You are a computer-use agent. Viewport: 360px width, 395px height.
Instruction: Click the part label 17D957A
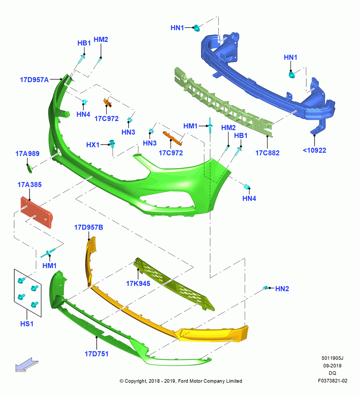coord(34,80)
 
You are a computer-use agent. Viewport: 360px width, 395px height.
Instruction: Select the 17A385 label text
coord(30,184)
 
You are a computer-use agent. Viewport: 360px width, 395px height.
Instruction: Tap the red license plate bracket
coord(36,212)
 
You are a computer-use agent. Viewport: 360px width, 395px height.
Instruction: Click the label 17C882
coord(267,153)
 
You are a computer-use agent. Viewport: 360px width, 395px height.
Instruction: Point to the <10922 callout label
coord(315,150)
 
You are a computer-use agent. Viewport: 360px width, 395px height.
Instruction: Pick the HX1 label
coord(93,145)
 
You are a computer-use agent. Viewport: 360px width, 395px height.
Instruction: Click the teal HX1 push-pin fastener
coord(112,144)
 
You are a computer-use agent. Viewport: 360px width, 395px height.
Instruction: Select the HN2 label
coord(282,289)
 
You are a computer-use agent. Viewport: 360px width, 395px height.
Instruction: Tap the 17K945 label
coord(138,284)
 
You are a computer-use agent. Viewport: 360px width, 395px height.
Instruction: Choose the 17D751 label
coord(96,354)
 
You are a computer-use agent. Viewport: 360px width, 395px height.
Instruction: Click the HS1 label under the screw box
coord(27,324)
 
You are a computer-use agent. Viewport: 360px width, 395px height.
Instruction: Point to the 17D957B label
coord(88,228)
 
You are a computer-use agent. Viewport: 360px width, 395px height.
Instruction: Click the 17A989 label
coord(28,154)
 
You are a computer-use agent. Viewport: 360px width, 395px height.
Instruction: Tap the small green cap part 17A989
coord(30,169)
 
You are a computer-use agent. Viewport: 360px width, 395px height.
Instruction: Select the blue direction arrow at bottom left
coord(27,365)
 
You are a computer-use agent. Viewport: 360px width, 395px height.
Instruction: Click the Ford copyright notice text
coord(181,381)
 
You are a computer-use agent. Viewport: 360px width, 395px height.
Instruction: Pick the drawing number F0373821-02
coord(332,381)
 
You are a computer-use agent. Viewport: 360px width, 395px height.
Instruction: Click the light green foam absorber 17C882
coord(223,103)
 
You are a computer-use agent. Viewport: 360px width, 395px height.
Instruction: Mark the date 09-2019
coord(332,366)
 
